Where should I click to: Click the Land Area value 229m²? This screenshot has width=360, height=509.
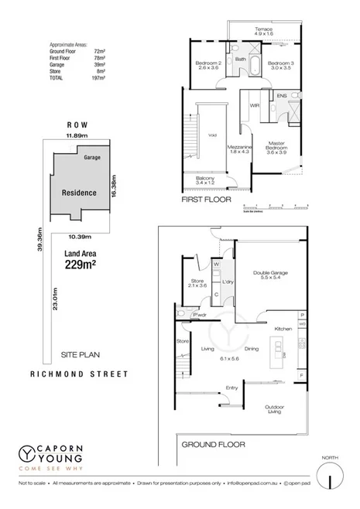coord(79,265)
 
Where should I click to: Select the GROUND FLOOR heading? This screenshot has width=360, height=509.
coord(213,445)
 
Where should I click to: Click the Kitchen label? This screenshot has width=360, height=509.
coord(282,329)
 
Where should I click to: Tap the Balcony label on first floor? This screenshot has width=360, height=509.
coord(204,179)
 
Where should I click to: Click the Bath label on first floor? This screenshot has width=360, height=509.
coord(241,59)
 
